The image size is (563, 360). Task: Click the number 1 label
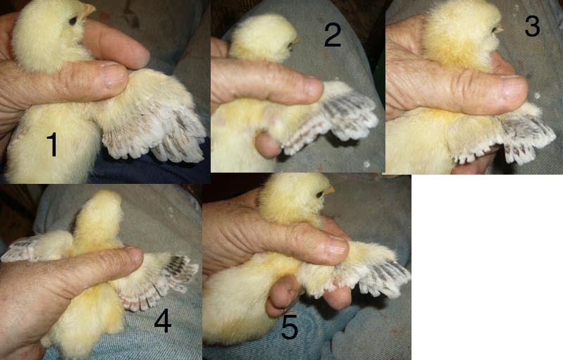(x=52, y=144)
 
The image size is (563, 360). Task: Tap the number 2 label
(x=333, y=35)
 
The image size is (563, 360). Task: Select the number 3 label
(x=532, y=25)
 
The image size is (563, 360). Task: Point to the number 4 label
(x=162, y=321)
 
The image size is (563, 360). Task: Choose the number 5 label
(x=290, y=328)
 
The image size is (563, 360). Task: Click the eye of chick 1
(x=73, y=21)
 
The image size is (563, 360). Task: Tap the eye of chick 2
(x=290, y=45)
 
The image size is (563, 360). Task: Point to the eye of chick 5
(x=320, y=194)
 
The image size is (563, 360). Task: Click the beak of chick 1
(x=87, y=10)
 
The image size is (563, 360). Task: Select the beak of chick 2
(x=296, y=41)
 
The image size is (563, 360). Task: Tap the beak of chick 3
(x=499, y=30)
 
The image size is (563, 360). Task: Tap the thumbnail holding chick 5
(x=338, y=248)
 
